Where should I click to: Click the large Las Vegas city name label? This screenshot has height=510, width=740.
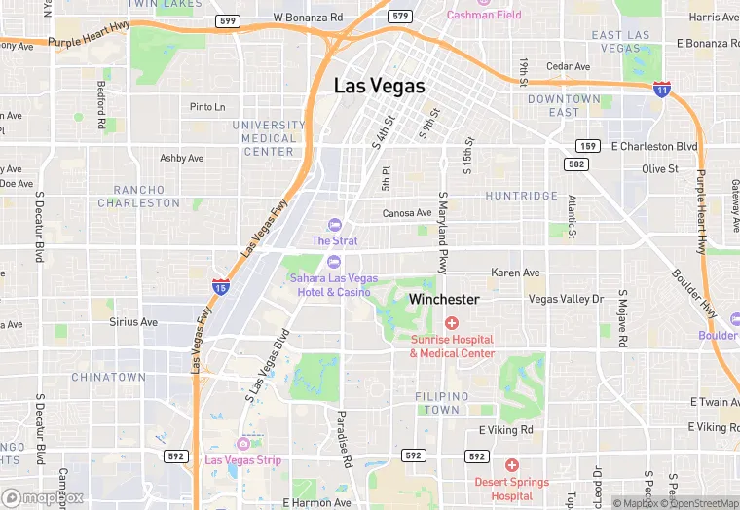tap(379, 86)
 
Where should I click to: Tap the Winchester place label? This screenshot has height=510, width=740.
tap(443, 299)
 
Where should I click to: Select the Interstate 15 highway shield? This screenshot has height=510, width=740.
tap(221, 286)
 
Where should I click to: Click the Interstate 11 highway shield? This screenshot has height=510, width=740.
tap(661, 90)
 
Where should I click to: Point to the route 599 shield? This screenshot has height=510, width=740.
tap(228, 19)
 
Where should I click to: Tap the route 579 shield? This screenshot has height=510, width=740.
tap(399, 16)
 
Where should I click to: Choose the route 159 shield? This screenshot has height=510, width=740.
tap(586, 146)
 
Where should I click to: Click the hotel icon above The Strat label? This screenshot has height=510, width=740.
tap(334, 225)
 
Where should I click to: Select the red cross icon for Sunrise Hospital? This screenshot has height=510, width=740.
tap(451, 322)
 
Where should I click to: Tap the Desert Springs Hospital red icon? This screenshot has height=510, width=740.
tap(511, 465)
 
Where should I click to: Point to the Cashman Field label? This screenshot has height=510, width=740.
tap(484, 15)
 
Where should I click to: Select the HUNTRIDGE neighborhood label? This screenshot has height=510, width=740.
tap(521, 196)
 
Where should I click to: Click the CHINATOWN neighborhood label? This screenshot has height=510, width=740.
tap(108, 377)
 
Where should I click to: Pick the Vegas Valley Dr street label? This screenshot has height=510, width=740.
tap(566, 299)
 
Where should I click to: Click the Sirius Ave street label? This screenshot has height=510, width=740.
tap(133, 321)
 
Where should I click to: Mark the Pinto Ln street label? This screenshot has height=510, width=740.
tap(207, 107)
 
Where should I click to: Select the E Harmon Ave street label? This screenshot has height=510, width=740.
tap(316, 502)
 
